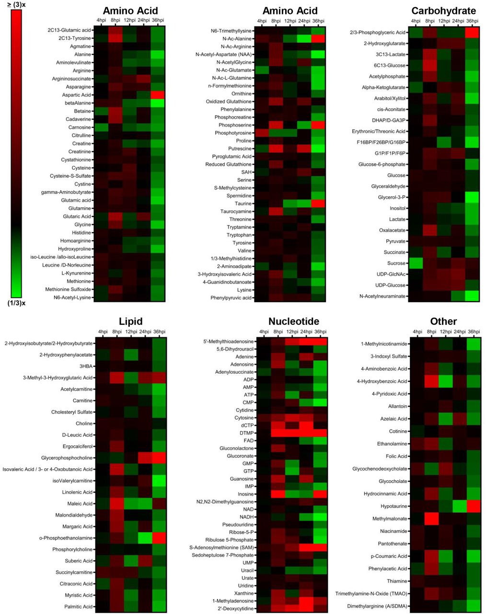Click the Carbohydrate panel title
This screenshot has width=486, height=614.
pyautogui.click(x=443, y=11)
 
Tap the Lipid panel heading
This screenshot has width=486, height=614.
pyautogui.click(x=130, y=321)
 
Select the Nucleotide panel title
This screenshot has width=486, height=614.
pyautogui.click(x=293, y=321)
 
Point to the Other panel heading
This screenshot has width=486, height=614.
pyautogui.click(x=443, y=321)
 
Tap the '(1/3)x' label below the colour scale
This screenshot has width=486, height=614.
pyautogui.click(x=16, y=303)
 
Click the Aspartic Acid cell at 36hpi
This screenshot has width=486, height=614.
pyautogui.click(x=158, y=95)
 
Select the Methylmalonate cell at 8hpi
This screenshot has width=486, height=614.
pyautogui.click(x=431, y=519)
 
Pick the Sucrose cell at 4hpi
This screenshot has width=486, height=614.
pyautogui.click(x=416, y=263)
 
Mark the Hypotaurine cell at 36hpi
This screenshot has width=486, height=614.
pyautogui.click(x=474, y=506)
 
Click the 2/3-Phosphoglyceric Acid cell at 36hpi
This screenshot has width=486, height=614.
pyautogui.click(x=472, y=33)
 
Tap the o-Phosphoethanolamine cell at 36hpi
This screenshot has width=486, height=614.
pyautogui.click(x=159, y=538)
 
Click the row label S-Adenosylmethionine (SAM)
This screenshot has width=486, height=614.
pyautogui.click(x=221, y=547)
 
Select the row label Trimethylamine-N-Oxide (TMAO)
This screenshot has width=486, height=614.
pyautogui.click(x=371, y=593)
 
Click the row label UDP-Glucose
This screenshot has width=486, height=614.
pyautogui.click(x=391, y=285)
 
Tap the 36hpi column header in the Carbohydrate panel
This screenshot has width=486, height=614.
pyautogui.click(x=472, y=21)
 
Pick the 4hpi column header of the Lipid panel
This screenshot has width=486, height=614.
pyautogui.click(x=103, y=332)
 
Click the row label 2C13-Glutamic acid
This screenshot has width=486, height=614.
pyautogui.click(x=69, y=30)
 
